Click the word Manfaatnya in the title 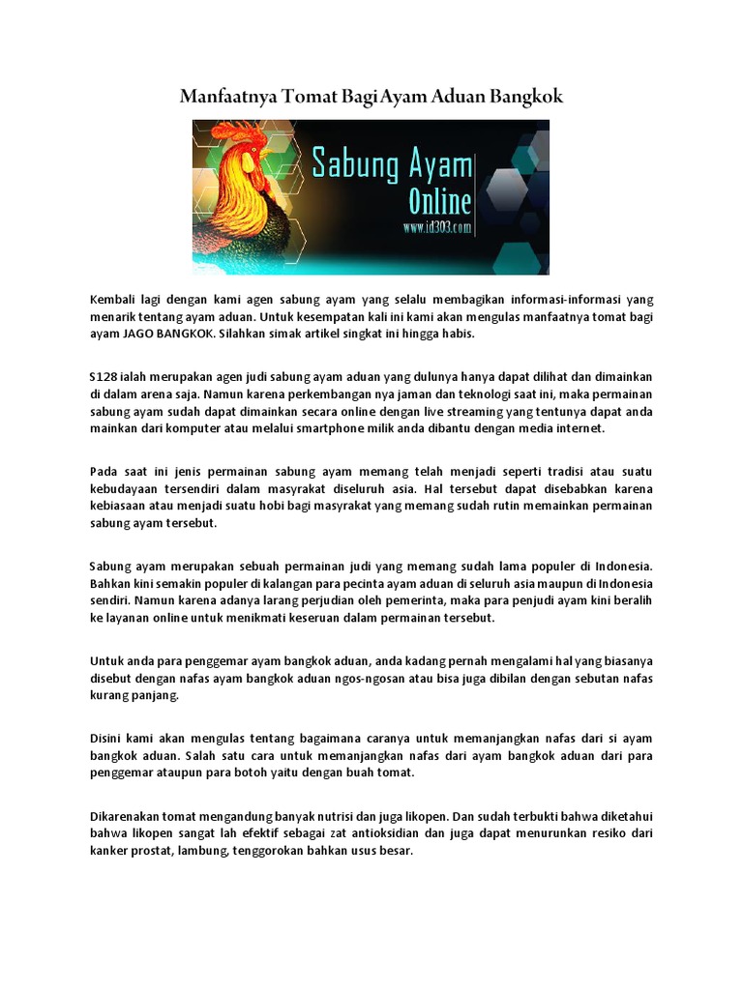click(x=229, y=97)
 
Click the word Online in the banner click(x=426, y=202)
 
